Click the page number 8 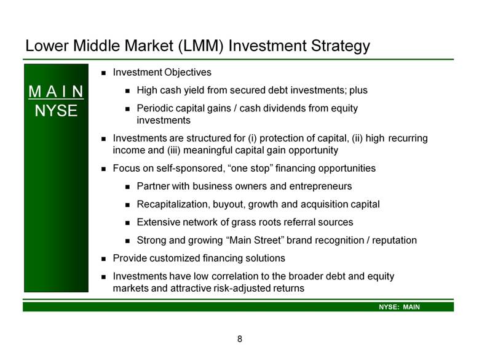pos(240,339)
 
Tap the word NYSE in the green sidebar pos(56,111)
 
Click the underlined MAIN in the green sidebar pos(56,92)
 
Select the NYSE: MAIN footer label pos(399,307)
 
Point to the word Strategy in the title pos(340,46)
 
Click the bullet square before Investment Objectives pos(103,73)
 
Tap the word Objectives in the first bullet pos(188,73)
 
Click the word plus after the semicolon pos(358,90)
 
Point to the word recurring pos(408,138)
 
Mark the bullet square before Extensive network pos(127,223)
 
